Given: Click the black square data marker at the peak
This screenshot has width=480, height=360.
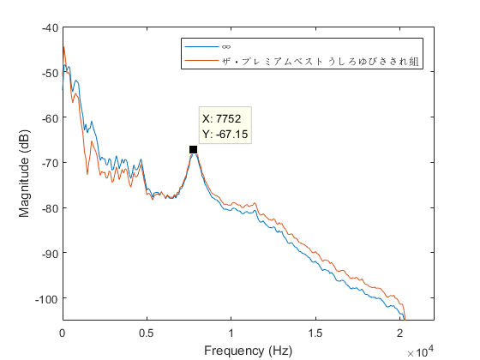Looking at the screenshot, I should [194, 149].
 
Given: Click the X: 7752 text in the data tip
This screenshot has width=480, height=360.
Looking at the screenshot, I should [225, 119].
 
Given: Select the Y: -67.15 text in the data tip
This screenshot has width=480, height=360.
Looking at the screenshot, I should [225, 134].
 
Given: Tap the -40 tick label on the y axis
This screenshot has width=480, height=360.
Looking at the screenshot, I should [48, 27].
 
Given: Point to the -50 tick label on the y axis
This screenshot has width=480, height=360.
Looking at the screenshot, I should [48, 73].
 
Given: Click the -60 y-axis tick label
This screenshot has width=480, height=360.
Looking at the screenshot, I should [48, 117].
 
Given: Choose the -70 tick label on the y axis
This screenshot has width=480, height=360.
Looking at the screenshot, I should [48, 163].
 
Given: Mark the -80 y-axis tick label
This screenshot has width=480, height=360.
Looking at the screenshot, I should [48, 208].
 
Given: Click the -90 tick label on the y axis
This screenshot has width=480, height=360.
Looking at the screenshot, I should [48, 253].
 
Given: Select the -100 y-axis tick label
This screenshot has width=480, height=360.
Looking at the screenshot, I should [45, 298].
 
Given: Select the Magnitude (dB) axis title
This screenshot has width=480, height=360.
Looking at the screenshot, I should [26, 173].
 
